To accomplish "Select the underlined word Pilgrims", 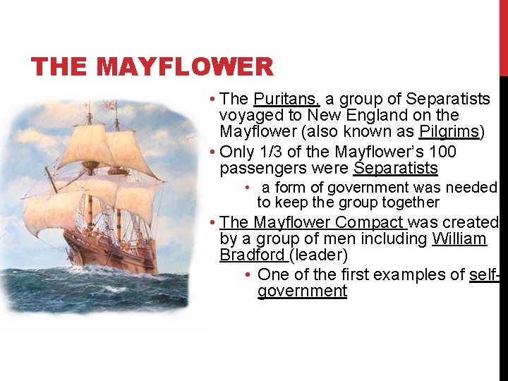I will tap(449, 132).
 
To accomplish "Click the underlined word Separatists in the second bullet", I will tap(395, 169).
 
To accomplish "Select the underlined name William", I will tap(459, 239).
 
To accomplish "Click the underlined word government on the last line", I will tap(302, 291).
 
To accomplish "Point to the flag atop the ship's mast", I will tap(109, 104).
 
